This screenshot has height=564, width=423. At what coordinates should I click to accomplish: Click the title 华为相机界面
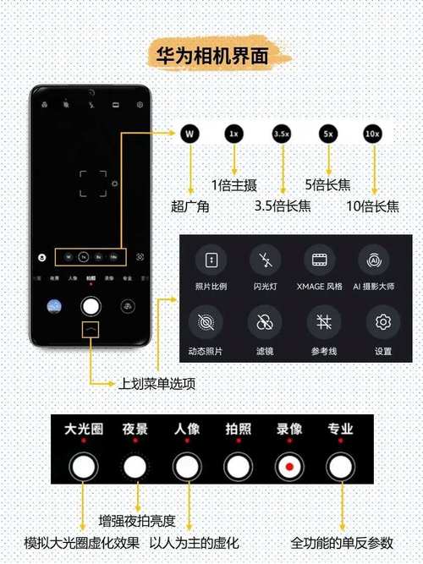[x=212, y=56]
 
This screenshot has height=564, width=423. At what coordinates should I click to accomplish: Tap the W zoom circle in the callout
[x=191, y=134]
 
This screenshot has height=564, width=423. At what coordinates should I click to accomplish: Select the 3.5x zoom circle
[x=282, y=134]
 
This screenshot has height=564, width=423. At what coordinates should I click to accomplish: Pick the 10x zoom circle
[x=372, y=134]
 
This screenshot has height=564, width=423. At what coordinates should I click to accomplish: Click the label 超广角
[x=190, y=205]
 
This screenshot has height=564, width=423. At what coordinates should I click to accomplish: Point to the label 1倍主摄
[x=233, y=185]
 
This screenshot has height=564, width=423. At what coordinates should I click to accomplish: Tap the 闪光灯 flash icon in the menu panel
[x=266, y=258]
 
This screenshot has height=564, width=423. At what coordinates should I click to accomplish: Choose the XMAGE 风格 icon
[x=319, y=258]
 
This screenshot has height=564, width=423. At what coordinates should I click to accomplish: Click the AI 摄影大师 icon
[x=371, y=258]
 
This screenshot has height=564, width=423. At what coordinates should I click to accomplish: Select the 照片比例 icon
[x=212, y=258]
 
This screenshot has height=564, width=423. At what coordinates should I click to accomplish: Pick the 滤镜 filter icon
[x=266, y=322]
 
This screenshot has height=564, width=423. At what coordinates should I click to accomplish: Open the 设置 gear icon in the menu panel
[x=383, y=322]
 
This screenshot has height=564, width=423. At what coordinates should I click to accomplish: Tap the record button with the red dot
[x=289, y=466]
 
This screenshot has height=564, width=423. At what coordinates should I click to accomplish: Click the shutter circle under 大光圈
[x=83, y=466]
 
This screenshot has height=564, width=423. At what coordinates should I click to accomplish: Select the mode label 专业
[x=340, y=430]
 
